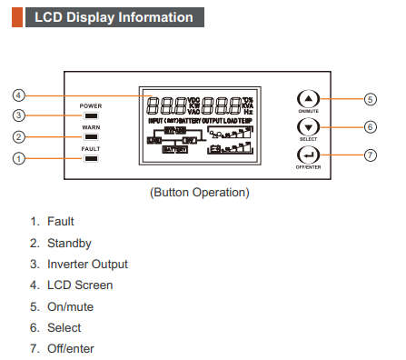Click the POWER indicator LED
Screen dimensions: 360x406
pos(91,115)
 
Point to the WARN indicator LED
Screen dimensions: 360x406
pos(91,137)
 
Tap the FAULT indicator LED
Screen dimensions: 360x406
pos(91,159)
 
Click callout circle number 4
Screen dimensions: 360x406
pos(19,95)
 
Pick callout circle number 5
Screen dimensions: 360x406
pos(370,98)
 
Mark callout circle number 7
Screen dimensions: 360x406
pos(370,155)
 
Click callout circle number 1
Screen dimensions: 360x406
pos(19,159)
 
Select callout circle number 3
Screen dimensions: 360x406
pos(19,115)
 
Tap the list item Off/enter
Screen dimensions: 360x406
pos(74,348)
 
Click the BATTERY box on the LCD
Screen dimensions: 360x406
pos(174,149)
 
